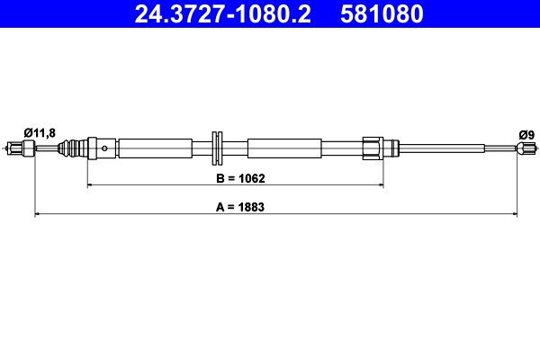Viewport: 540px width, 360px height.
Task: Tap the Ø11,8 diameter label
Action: [x=40, y=133]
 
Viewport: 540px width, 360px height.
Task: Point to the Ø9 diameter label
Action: [x=526, y=134]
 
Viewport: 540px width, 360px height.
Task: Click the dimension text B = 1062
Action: [x=238, y=178]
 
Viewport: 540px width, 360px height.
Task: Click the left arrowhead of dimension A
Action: [x=38, y=214]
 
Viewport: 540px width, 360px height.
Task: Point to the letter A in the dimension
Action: [x=218, y=206]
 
